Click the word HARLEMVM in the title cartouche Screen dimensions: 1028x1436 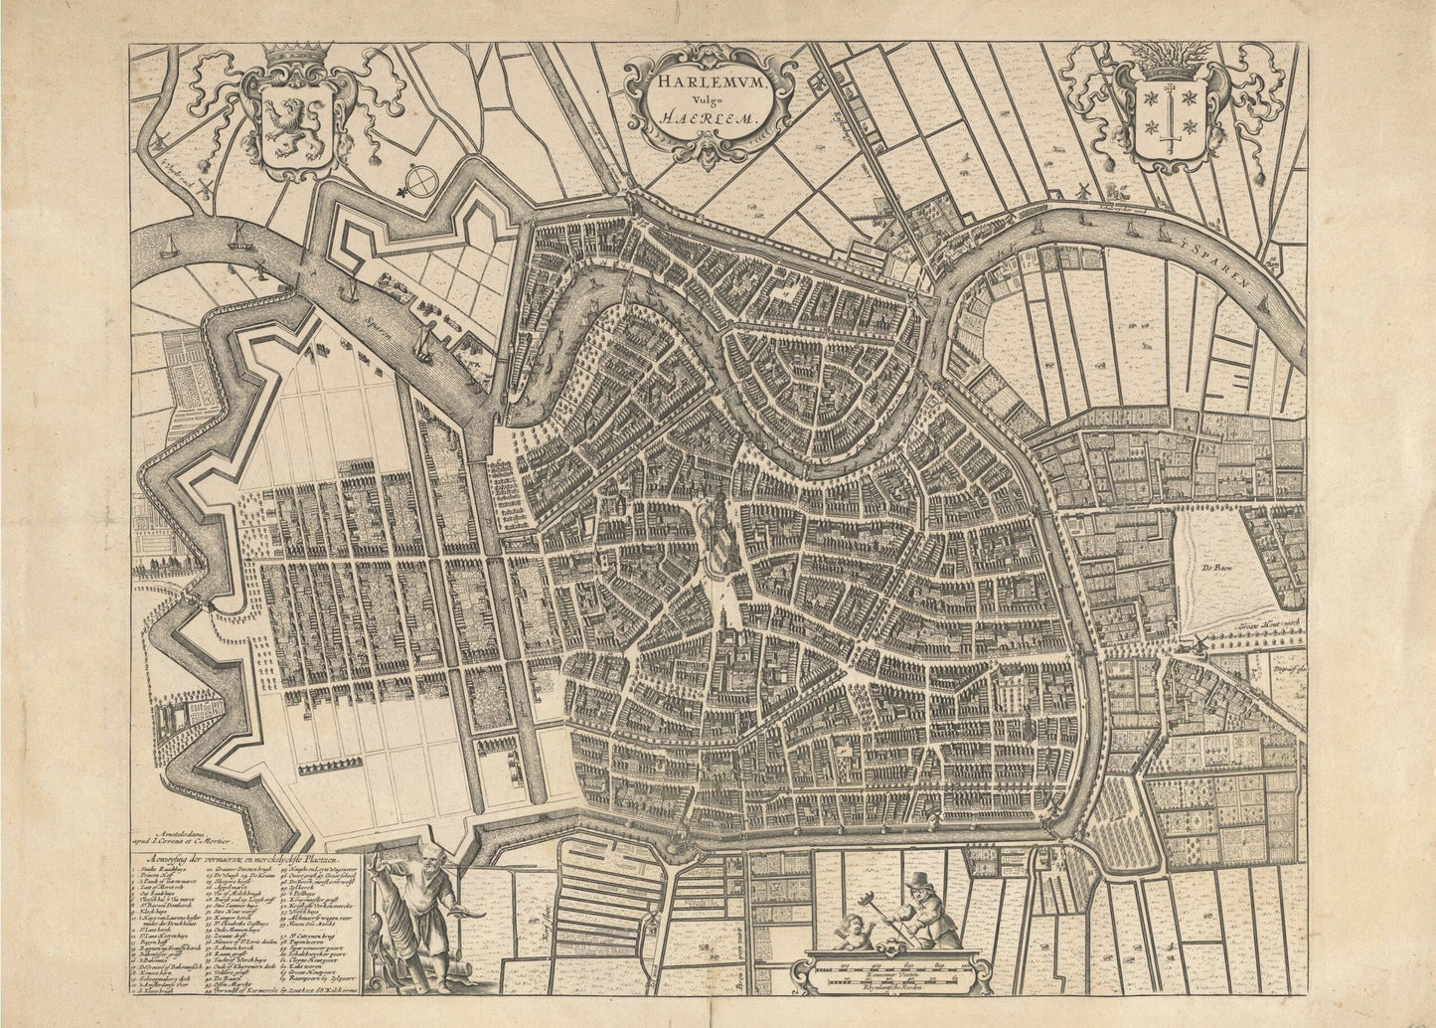[707, 84]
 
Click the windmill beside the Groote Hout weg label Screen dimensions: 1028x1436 [1201, 644]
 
